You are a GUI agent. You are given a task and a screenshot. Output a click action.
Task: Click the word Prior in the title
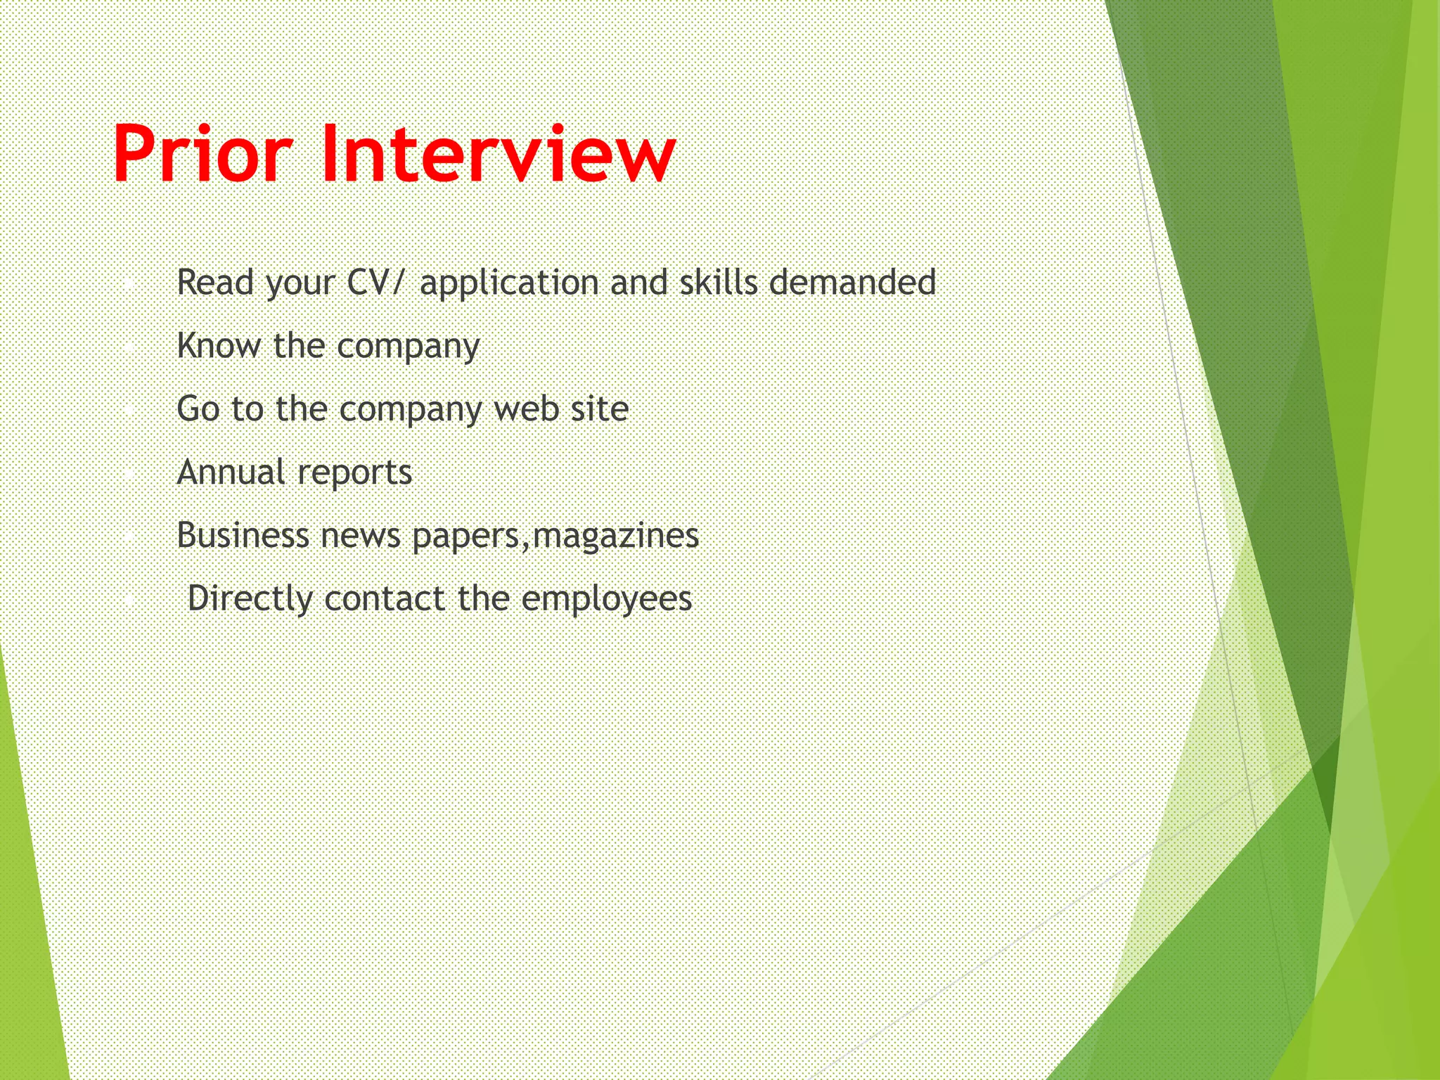[x=202, y=154]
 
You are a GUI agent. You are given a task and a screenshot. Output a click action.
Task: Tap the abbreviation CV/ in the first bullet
[x=376, y=283]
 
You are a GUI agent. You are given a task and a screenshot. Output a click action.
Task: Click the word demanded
[x=852, y=283]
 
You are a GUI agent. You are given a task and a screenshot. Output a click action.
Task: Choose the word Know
[x=218, y=346]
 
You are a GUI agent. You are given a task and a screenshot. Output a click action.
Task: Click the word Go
[x=198, y=409]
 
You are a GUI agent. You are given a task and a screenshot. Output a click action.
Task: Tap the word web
[x=525, y=409]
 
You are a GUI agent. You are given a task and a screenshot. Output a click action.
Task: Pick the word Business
[x=243, y=536]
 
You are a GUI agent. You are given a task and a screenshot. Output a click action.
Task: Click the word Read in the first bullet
[x=214, y=283]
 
